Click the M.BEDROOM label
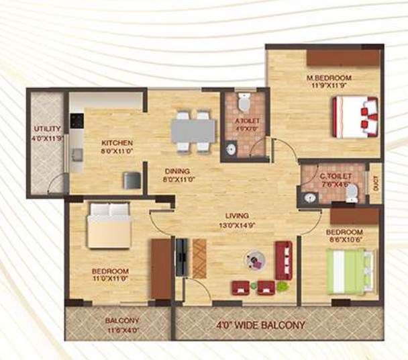click(329, 77)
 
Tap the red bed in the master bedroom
click(356, 117)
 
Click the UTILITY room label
click(48, 128)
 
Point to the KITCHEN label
click(117, 142)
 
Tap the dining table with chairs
click(193, 130)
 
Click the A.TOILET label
click(246, 121)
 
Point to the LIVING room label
click(237, 216)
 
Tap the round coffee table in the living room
click(254, 260)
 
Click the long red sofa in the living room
click(283, 260)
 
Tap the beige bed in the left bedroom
click(109, 226)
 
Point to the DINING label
click(176, 171)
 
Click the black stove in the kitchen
click(77, 121)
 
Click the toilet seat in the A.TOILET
click(244, 103)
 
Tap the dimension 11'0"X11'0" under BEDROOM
click(110, 280)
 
